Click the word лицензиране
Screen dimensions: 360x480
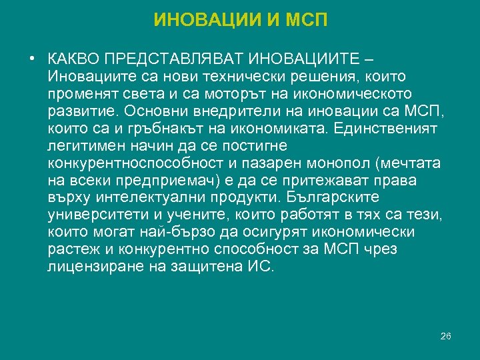coord(91,267)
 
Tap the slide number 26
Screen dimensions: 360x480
coord(446,336)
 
